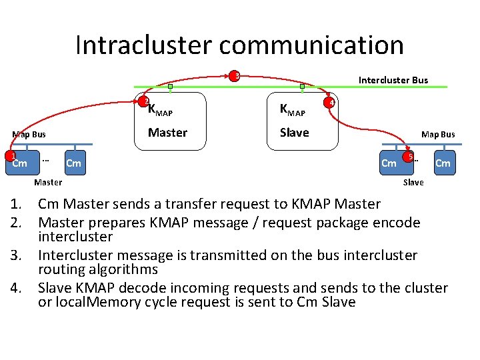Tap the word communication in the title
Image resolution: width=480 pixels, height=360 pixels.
click(x=311, y=45)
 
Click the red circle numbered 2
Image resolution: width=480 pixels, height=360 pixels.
click(x=145, y=102)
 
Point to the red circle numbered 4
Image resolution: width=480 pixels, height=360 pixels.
click(x=329, y=102)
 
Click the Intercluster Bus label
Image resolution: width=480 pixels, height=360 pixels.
click(x=393, y=80)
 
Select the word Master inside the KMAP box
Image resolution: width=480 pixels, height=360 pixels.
click(x=167, y=133)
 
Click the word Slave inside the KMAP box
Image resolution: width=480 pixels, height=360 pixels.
click(x=294, y=133)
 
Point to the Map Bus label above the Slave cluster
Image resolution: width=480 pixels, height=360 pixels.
click(x=437, y=135)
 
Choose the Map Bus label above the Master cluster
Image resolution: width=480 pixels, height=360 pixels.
click(x=29, y=135)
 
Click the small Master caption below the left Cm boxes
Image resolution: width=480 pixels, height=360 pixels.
click(x=48, y=182)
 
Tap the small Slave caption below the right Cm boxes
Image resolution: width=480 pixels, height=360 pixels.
click(x=413, y=182)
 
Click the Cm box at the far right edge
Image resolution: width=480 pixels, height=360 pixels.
click(x=443, y=163)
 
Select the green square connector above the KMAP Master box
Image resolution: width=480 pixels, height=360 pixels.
click(x=171, y=87)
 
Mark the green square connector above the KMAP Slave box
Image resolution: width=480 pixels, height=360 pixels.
click(x=302, y=87)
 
